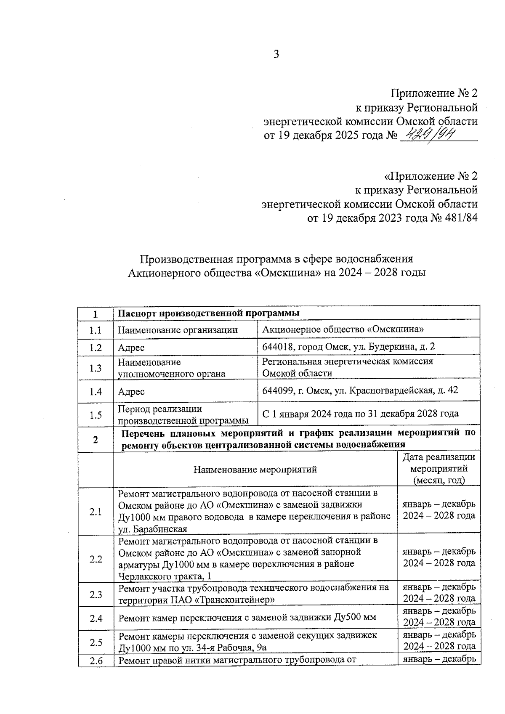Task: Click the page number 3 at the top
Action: (x=276, y=54)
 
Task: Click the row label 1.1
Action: (x=96, y=330)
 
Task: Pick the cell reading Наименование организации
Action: (x=178, y=330)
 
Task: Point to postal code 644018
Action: (x=277, y=347)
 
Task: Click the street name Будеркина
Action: (x=393, y=347)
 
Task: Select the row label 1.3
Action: (x=96, y=368)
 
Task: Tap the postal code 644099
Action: (x=277, y=391)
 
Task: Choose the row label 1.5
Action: (x=96, y=415)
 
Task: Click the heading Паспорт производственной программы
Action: (x=208, y=313)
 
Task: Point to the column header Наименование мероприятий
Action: (x=255, y=470)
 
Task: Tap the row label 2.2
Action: (x=96, y=559)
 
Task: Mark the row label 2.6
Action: (x=96, y=661)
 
